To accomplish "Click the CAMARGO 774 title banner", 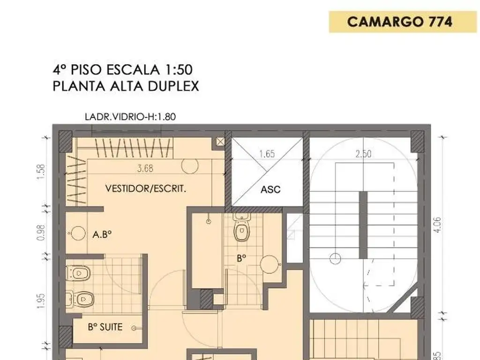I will click(399, 22).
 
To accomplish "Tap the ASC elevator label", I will click(270, 189).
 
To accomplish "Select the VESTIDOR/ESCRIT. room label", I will click(146, 189).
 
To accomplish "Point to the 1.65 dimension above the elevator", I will click(267, 154).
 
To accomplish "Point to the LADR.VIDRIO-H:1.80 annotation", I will click(130, 117).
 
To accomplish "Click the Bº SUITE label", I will click(105, 327).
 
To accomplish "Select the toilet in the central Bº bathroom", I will click(241, 228).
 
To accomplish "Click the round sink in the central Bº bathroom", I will click(270, 264).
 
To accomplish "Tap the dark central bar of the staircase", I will click(363, 225).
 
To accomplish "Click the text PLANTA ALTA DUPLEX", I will click(126, 86).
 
